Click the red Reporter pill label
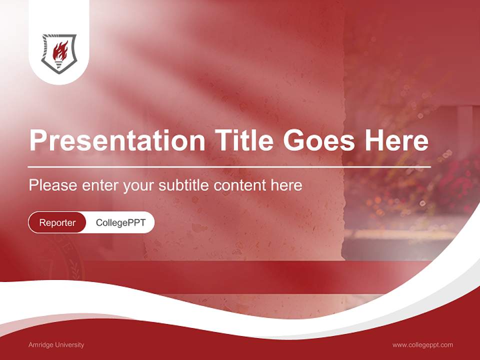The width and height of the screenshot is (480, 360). tap(57, 222)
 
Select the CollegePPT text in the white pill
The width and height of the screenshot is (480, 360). tap(120, 222)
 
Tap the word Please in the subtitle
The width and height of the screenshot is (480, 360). tap(53, 185)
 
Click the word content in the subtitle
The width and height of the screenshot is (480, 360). tap(240, 185)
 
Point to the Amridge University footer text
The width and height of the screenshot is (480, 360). tap(56, 345)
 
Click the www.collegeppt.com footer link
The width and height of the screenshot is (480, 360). tap(422, 345)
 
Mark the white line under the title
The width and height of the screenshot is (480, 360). tap(229, 166)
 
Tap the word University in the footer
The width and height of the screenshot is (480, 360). tap(69, 345)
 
